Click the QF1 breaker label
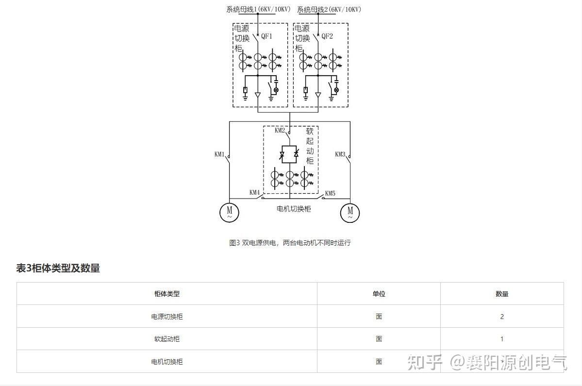coord(267,36)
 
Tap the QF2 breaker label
coord(327,36)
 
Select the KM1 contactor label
coord(219,154)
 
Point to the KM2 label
coord(280,130)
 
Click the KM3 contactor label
coord(340,154)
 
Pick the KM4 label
coord(255,193)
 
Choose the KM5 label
coord(330,193)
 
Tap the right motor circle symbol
coord(350,212)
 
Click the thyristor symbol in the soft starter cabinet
coord(289,154)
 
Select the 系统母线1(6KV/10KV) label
coord(259,9)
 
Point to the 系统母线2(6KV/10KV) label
coord(329,9)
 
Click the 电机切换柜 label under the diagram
coord(294,209)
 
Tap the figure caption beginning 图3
coord(290,243)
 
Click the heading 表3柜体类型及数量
coord(58,269)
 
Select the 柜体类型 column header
coord(167,294)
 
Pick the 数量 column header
coord(502,294)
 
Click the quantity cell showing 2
coord(502,317)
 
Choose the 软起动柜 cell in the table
coord(167,339)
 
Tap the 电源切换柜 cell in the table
coord(167,317)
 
